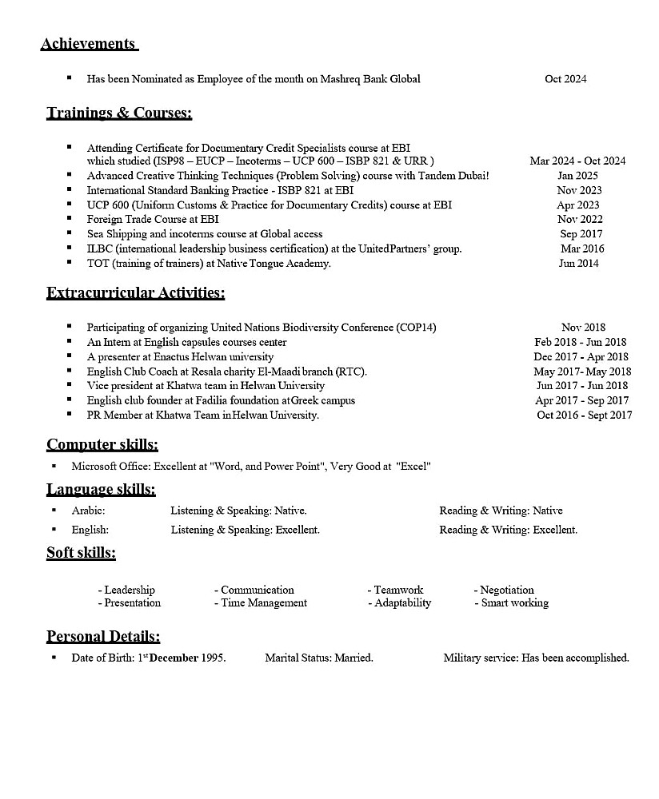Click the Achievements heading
coord(88,44)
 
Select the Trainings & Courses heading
coord(119,113)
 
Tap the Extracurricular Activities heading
coord(135,293)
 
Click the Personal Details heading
coord(103,637)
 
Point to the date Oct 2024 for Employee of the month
coord(565,79)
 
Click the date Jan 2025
coord(577,176)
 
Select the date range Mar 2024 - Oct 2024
coord(577,161)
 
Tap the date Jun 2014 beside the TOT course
coord(578,263)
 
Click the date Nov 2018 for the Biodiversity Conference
coord(583,328)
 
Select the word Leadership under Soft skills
coord(130,590)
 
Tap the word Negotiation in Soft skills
coord(507,590)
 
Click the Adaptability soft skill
coord(402,603)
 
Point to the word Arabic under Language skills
coord(88,511)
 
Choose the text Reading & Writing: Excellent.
coord(508,530)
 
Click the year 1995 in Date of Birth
coord(212,658)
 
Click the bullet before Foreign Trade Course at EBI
coord(69,218)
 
